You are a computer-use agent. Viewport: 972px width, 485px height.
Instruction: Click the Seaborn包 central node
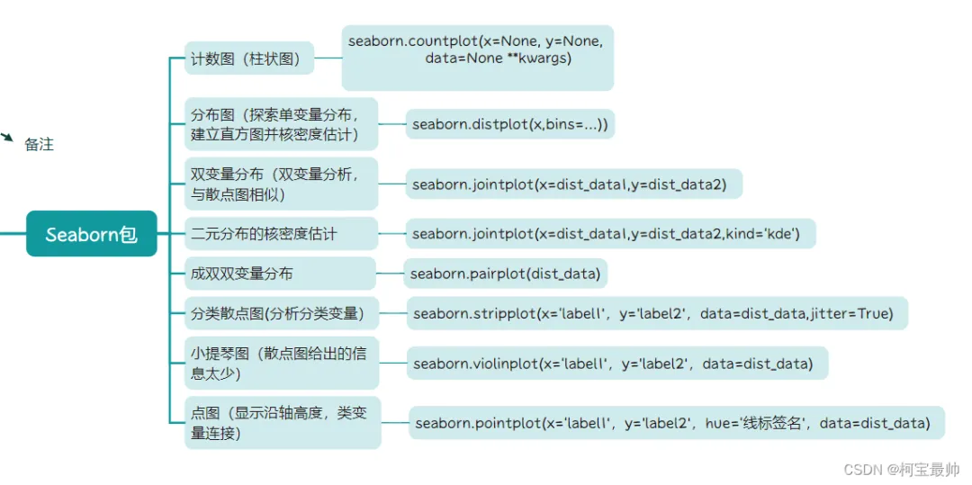[91, 234]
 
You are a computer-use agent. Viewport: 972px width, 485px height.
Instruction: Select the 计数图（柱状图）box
[249, 61]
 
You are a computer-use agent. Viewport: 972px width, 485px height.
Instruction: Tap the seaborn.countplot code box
[477, 58]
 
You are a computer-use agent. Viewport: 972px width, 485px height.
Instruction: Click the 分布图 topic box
[281, 124]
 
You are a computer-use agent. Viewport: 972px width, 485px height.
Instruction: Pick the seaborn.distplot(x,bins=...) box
[509, 125]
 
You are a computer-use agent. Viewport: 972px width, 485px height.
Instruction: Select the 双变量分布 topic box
[281, 184]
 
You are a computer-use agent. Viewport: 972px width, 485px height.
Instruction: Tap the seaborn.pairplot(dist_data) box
[505, 273]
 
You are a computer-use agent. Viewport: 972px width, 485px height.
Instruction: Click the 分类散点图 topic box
[281, 313]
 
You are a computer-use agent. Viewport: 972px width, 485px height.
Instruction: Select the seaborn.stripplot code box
[656, 313]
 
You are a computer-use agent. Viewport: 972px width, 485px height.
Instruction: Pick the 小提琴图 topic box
[281, 363]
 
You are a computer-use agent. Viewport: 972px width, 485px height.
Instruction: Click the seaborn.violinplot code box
[616, 364]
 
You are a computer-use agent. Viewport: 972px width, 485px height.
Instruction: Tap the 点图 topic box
[282, 422]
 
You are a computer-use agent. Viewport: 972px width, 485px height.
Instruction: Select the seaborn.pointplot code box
[677, 422]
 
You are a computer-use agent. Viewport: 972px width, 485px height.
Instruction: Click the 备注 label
[40, 145]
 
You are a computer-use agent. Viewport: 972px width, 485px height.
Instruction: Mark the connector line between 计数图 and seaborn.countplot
[328, 58]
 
